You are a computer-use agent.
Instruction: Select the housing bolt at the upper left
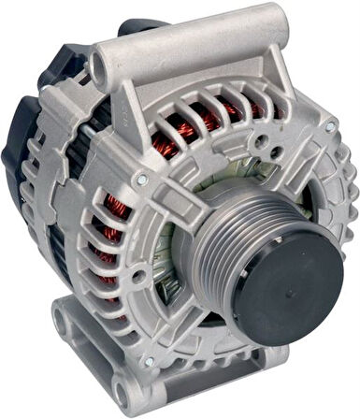(140, 177)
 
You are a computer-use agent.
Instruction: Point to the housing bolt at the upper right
(329, 125)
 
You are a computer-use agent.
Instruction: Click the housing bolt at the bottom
(149, 361)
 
